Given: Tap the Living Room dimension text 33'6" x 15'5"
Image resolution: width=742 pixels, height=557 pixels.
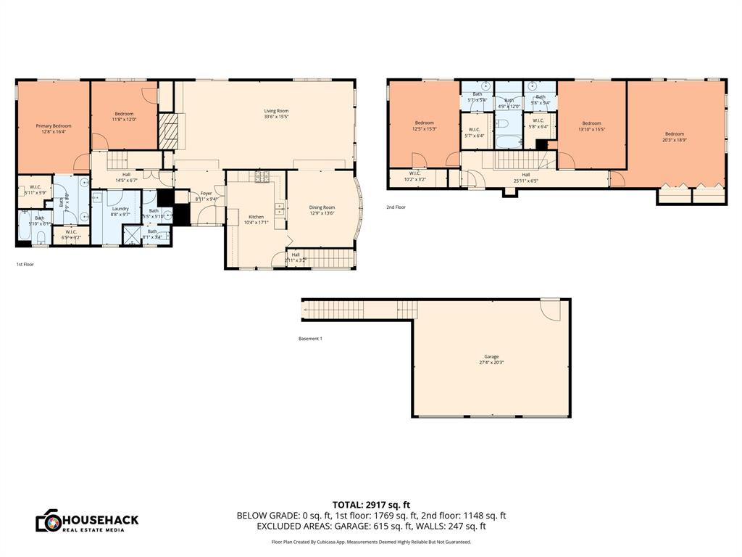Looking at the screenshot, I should coord(276,117).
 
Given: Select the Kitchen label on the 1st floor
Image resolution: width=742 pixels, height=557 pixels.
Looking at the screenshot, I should coord(257,217).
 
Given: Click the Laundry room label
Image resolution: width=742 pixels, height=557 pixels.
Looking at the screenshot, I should coord(120,209).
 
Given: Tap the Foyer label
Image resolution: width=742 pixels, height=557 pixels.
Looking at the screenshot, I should coord(206,194).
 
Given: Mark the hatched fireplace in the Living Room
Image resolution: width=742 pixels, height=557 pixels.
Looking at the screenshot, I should coord(168,131).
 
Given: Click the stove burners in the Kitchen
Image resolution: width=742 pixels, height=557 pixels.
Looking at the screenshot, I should coord(260,176).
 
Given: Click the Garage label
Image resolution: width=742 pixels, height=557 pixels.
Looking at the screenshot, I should coord(491,356).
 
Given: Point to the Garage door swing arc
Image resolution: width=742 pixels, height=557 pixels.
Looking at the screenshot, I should coord(551,310).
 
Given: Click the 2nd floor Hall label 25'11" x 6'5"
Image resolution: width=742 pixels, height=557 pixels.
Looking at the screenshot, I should coord(525,177).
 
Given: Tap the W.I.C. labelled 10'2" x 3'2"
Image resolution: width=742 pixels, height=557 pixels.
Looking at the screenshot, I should coord(414,175).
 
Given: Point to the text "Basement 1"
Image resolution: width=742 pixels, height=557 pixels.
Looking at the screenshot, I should coord(310,339).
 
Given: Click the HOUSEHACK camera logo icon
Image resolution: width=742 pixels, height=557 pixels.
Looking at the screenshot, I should coord(49,521).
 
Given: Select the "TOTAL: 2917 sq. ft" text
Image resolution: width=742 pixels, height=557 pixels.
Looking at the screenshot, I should coord(371,504).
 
